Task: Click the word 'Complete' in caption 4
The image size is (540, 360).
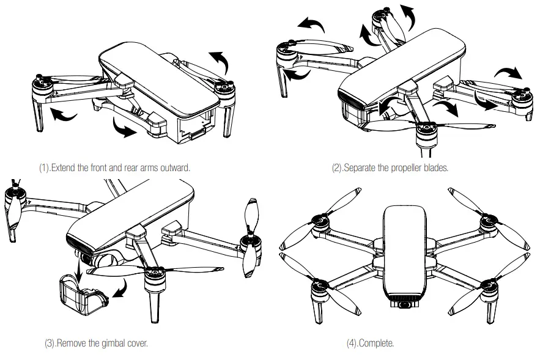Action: click(379, 343)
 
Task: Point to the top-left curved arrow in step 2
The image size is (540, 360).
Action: click(313, 23)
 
